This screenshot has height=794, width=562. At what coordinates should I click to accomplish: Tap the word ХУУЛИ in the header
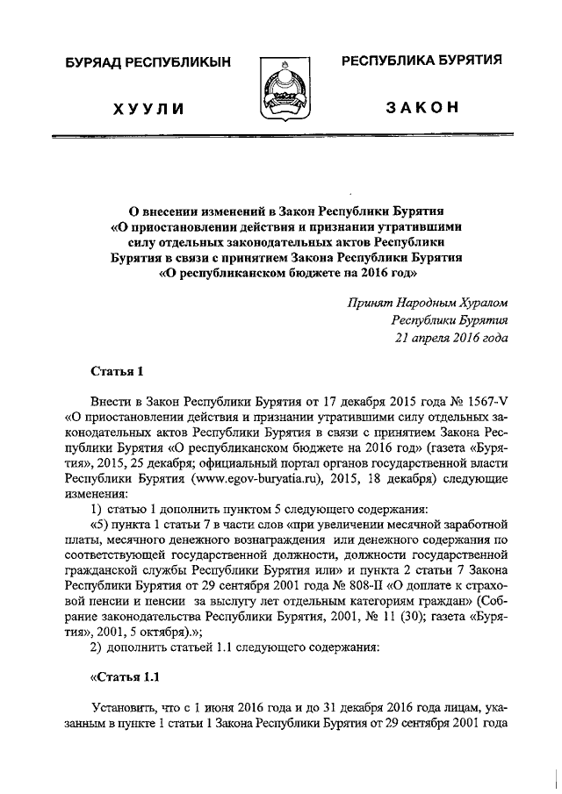tap(148, 109)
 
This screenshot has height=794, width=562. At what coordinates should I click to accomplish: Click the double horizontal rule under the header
tap(281, 138)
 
